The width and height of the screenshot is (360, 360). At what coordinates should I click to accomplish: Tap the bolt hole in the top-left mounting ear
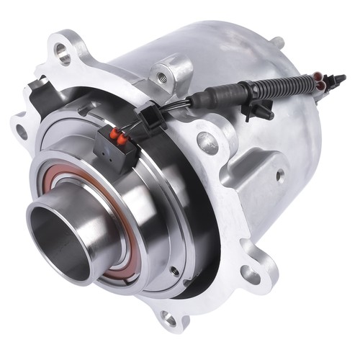(63, 51)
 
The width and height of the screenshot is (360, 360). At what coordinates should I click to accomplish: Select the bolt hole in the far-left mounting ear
(22, 132)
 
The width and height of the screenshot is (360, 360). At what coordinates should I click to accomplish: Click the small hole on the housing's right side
(279, 174)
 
